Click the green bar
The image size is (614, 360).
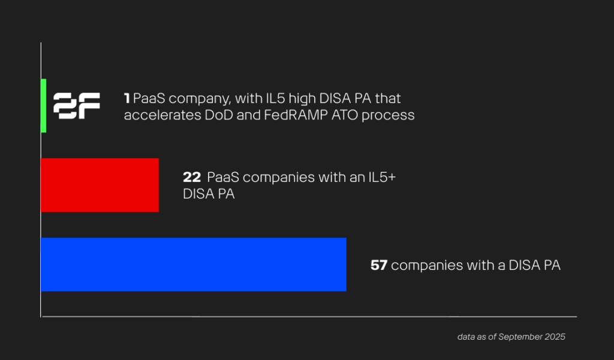[43, 106]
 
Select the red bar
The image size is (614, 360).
[100, 185]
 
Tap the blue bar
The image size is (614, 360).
[193, 265]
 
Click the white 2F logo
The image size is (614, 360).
[77, 106]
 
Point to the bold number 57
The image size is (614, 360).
[378, 265]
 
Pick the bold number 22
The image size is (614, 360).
[191, 178]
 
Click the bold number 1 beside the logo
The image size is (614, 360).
[127, 98]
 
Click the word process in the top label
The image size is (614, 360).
[390, 115]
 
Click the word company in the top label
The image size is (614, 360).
[194, 98]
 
